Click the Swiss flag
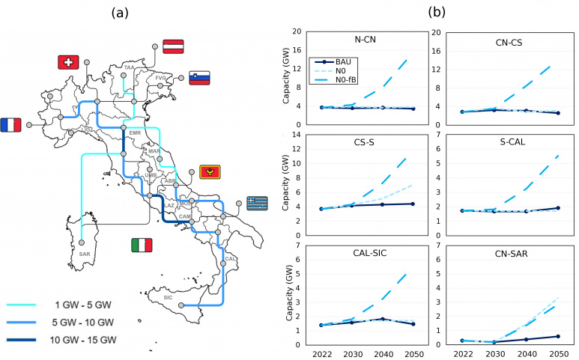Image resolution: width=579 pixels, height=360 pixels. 68,63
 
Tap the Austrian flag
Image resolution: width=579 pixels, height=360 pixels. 174,46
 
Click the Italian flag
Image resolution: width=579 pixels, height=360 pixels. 142,245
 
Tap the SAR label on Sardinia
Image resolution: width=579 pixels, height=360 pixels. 84,254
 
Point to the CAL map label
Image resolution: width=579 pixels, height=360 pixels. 230,259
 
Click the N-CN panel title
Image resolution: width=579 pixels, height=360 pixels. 365,41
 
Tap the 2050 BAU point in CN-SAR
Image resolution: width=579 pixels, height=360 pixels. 557,336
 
